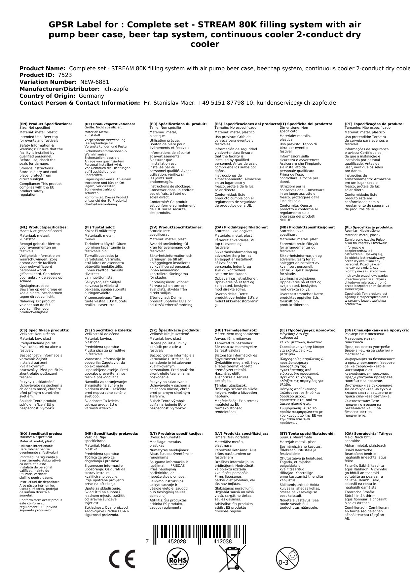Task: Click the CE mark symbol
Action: point(122,559)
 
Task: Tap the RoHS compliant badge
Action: point(177,559)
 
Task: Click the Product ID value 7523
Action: point(65,75)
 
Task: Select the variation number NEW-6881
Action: point(95,82)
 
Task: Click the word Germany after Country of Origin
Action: point(91,96)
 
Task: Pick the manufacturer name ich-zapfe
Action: point(115,89)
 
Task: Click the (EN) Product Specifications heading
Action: point(46,124)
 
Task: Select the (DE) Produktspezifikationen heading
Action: point(110,124)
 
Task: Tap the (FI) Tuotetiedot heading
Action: point(100,227)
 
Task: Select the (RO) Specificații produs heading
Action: point(41,433)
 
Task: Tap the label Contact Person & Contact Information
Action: point(80,103)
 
